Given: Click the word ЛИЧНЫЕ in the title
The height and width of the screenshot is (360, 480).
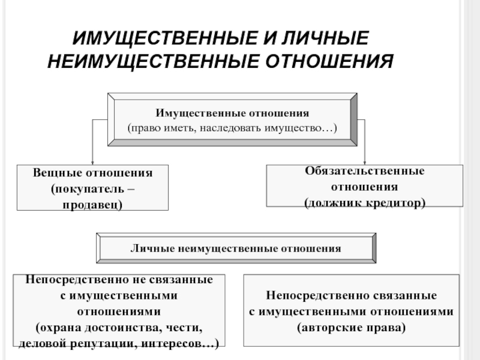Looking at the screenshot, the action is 325,38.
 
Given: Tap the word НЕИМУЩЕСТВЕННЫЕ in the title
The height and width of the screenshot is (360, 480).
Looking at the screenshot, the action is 153,61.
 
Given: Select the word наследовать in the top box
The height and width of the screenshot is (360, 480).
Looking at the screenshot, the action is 230,128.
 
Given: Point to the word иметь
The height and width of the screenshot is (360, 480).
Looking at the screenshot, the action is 179,128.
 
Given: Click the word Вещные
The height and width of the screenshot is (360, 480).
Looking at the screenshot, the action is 57,173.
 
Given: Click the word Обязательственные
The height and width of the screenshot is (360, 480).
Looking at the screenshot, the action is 365,171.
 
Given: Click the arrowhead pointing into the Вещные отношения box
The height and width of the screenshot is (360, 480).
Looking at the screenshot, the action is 92,163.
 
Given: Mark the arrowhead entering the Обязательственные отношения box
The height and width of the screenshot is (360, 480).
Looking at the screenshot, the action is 365,163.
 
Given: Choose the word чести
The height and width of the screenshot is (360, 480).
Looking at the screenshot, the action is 184,328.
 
